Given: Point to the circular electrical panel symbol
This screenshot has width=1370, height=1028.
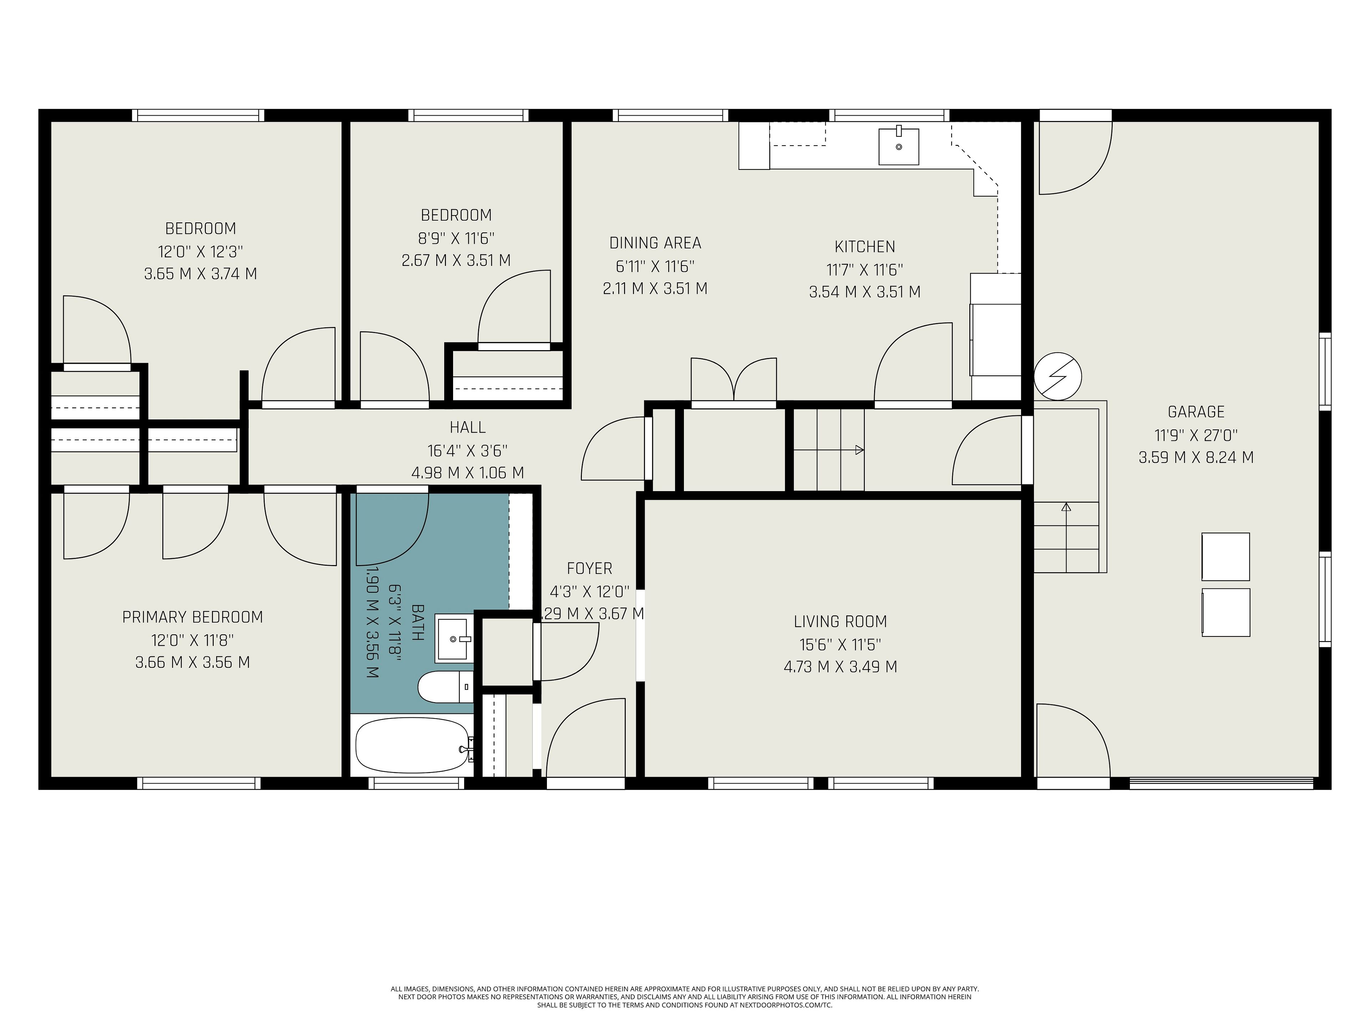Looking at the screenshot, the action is coord(1058,376).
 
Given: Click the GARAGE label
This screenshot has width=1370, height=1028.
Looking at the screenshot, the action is coord(1196,412).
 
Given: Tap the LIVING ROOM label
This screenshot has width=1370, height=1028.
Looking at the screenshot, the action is coord(841,621).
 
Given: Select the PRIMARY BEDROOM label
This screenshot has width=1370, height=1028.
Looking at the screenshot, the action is coord(193,617).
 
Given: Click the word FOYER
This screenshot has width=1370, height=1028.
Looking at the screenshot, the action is coord(590,568).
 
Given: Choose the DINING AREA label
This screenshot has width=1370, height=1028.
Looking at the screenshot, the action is coord(655,243).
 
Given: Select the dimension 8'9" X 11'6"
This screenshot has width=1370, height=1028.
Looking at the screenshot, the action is coord(456,238).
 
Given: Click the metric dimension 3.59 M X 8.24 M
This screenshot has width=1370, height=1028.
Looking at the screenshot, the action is coord(1196,457).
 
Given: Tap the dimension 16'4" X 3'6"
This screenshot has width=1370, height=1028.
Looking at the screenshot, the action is coord(468,450).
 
